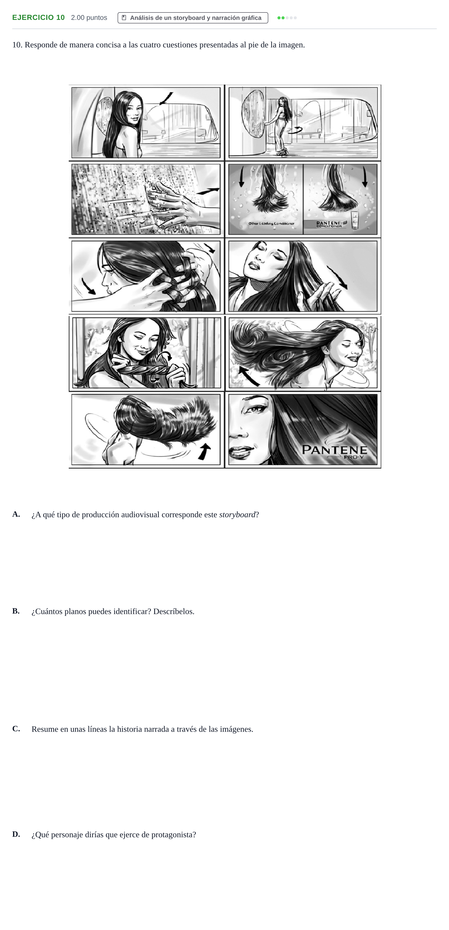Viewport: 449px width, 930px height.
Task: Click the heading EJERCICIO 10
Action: click(x=39, y=18)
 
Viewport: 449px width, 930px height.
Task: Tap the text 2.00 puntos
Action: click(x=89, y=18)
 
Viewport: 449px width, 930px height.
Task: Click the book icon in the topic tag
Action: click(x=124, y=18)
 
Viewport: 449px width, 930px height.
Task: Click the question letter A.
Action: click(x=16, y=514)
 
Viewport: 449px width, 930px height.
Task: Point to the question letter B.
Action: click(x=16, y=611)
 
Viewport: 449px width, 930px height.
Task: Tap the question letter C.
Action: click(x=16, y=728)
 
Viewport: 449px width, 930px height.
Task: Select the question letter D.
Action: click(x=16, y=834)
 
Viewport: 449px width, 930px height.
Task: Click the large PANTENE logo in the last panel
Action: click(x=334, y=450)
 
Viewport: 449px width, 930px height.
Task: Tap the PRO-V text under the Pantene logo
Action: click(x=354, y=457)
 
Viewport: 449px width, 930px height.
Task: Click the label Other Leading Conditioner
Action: click(x=271, y=223)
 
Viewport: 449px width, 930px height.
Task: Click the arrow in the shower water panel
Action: click(x=208, y=191)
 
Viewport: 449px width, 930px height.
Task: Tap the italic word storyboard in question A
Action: click(x=237, y=515)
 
